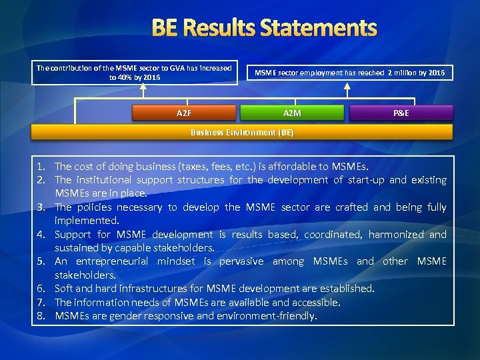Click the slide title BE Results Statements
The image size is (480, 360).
[264, 28]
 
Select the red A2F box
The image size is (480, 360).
[184, 113]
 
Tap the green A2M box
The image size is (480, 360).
[292, 113]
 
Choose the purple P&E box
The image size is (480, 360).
[401, 113]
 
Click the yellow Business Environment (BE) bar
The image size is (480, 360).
[242, 132]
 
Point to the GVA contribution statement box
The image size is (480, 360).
[134, 72]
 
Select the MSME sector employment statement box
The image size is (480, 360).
[351, 72]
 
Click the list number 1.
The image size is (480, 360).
[41, 166]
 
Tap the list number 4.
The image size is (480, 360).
[41, 234]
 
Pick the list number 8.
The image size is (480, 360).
[41, 315]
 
